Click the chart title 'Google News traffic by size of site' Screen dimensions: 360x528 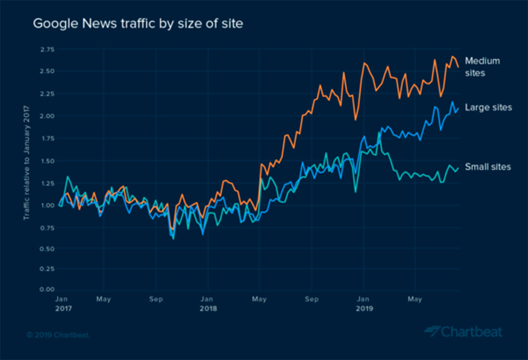[x=138, y=23]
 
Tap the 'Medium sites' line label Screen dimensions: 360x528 [x=482, y=67]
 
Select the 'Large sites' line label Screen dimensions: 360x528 [x=488, y=107]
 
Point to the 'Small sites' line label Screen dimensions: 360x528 [x=488, y=167]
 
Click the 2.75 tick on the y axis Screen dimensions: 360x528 [x=48, y=49]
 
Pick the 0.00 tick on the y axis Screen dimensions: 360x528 [x=48, y=289]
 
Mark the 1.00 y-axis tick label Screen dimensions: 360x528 [x=48, y=205]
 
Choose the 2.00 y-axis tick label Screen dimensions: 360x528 [x=48, y=116]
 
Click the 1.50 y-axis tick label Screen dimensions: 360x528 [x=48, y=160]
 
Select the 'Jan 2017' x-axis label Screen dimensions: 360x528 [x=63, y=303]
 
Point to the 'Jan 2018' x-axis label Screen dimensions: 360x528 [x=208, y=303]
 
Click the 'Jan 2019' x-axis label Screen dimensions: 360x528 [x=364, y=303]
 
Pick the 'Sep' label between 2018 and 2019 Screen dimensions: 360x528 [x=312, y=299]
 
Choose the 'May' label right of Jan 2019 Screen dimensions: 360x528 [x=415, y=299]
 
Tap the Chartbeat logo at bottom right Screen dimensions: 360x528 [x=463, y=332]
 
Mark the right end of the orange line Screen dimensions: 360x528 [x=458, y=67]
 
